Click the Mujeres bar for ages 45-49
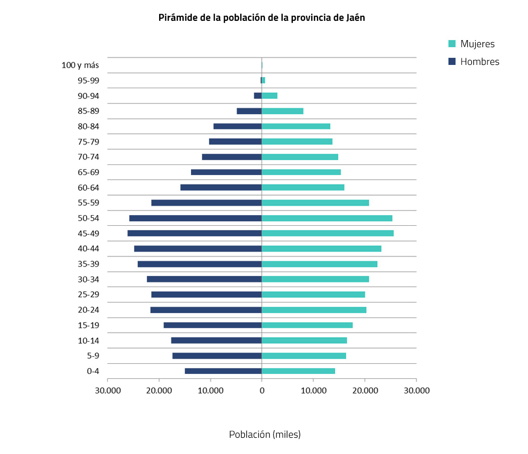click(327, 233)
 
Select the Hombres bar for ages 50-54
click(195, 218)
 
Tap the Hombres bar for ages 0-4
click(223, 371)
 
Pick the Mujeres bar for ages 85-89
click(282, 111)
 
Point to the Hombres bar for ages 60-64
click(221, 187)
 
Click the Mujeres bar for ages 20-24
click(314, 310)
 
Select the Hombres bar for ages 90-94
click(258, 95)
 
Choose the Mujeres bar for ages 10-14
click(304, 340)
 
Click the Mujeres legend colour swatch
click(452, 44)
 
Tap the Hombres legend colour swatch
click(452, 61)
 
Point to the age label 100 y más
click(80, 65)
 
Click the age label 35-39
click(88, 264)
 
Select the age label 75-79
click(88, 142)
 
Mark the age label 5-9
click(93, 356)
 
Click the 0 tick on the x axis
click(261, 390)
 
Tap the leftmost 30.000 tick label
click(107, 390)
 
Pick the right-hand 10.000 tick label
click(313, 390)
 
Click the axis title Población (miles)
click(265, 435)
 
